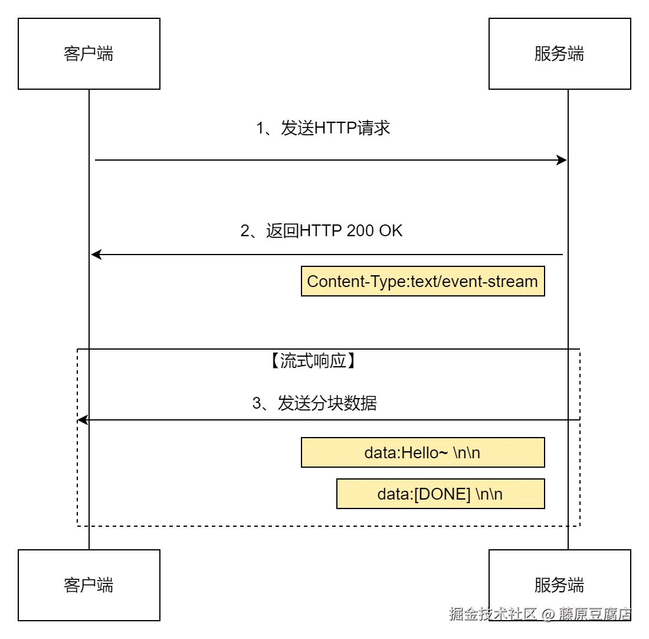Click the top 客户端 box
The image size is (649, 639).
tap(88, 54)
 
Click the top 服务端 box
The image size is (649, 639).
tap(559, 54)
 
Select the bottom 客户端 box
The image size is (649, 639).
tap(88, 585)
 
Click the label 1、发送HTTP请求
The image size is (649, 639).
tap(323, 128)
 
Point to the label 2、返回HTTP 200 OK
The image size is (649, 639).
tap(322, 230)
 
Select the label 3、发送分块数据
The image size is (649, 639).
tap(314, 403)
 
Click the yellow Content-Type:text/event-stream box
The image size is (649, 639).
tap(422, 281)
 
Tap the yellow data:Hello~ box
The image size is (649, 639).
tap(422, 452)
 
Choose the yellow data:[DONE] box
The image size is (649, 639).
tap(440, 494)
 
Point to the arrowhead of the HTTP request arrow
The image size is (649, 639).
tap(562, 160)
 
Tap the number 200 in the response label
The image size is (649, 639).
tap(360, 230)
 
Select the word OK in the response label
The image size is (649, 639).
tap(391, 230)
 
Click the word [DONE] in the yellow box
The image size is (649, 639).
tap(442, 494)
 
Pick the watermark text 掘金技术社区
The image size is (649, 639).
tap(493, 614)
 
